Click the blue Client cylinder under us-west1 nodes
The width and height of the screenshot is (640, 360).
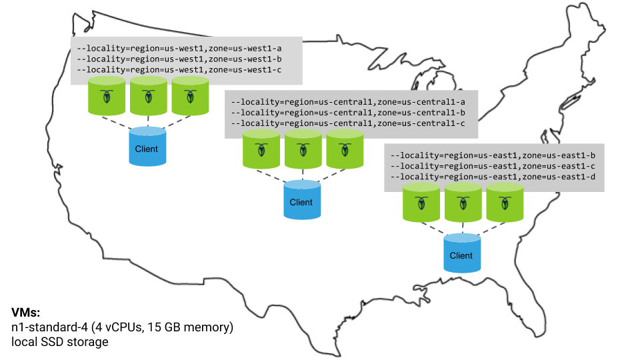click(147, 148)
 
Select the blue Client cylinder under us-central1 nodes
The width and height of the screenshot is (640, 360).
click(301, 201)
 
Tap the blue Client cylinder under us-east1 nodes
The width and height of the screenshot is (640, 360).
click(461, 255)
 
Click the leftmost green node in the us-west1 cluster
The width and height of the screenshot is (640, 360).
click(107, 96)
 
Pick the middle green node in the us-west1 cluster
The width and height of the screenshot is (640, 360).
click(148, 96)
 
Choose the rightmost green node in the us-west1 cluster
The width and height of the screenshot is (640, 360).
click(190, 96)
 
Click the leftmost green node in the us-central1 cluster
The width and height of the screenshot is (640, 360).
click(261, 149)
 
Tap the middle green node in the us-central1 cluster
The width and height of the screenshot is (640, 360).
click(303, 149)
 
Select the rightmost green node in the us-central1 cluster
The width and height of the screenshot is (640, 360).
click(345, 149)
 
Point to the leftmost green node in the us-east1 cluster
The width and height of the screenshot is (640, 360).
click(421, 203)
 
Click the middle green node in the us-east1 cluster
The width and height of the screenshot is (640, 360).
click(463, 203)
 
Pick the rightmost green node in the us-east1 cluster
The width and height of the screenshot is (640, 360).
click(505, 203)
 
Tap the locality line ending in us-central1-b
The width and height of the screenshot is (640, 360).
click(347, 113)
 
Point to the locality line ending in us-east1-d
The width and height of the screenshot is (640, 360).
click(493, 177)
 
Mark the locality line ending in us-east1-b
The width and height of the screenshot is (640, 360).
click(493, 155)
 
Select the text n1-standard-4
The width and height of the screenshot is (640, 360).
click(46, 327)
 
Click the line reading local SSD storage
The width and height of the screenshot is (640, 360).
click(60, 342)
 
